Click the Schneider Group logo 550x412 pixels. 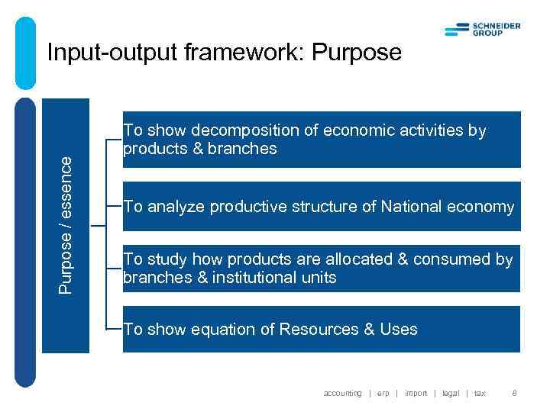coord(482,29)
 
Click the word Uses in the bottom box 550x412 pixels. coord(399,330)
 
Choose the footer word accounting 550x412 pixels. coord(342,393)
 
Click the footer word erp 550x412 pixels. coord(383,393)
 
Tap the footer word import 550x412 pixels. coord(416,393)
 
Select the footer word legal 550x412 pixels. coord(451,393)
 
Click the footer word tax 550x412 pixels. coord(480,393)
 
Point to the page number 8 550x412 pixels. coord(514,393)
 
